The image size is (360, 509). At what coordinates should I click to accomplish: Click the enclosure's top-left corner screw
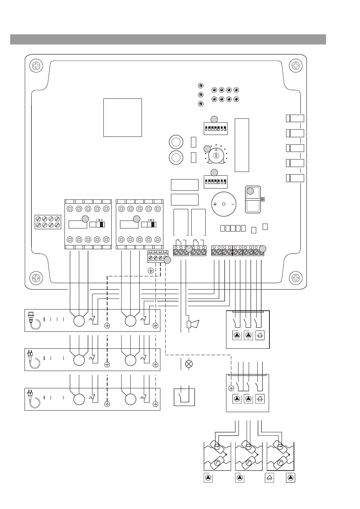(x=36, y=66)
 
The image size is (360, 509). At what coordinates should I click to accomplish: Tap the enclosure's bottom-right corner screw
(x=295, y=278)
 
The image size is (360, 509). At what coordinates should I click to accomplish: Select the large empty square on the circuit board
(x=123, y=118)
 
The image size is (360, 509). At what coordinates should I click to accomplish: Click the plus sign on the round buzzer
(x=215, y=204)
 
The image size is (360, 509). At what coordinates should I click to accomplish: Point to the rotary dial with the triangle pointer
(x=216, y=155)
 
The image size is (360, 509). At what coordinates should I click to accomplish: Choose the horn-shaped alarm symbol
(x=193, y=324)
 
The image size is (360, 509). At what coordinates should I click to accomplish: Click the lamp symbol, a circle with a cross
(x=189, y=364)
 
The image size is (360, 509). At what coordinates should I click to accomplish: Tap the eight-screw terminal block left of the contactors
(x=48, y=222)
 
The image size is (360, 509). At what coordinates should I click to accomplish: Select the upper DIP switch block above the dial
(x=215, y=129)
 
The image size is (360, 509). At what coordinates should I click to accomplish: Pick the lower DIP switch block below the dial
(x=215, y=182)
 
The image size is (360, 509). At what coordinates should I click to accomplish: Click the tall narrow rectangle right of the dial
(x=242, y=145)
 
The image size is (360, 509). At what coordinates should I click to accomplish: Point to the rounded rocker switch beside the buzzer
(x=253, y=199)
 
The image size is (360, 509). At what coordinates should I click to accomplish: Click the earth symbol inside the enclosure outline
(x=151, y=271)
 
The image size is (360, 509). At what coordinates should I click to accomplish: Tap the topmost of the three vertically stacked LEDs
(x=201, y=86)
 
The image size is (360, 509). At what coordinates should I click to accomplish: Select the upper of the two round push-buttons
(x=176, y=142)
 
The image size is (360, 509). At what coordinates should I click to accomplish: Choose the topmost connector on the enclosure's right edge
(x=295, y=118)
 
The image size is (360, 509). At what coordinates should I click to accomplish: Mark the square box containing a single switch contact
(x=184, y=397)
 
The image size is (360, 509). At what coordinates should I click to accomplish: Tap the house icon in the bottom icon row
(x=269, y=478)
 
